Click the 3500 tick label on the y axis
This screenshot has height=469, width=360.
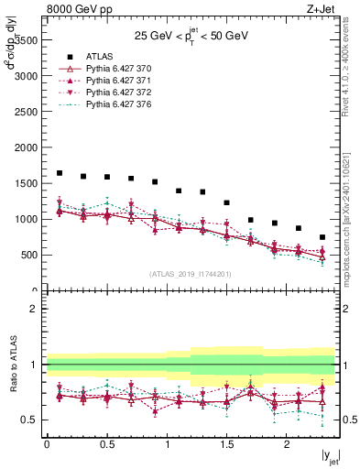25,39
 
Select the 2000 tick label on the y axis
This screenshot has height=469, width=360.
25,147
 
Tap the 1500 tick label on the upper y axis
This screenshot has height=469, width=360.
25,183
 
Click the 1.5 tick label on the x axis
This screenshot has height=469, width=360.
226,444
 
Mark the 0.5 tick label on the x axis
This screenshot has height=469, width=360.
106,444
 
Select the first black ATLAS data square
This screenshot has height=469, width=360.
60,172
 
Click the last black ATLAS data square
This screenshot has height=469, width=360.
322,237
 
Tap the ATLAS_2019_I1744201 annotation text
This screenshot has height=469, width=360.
191,274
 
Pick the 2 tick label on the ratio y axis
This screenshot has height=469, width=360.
33,309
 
